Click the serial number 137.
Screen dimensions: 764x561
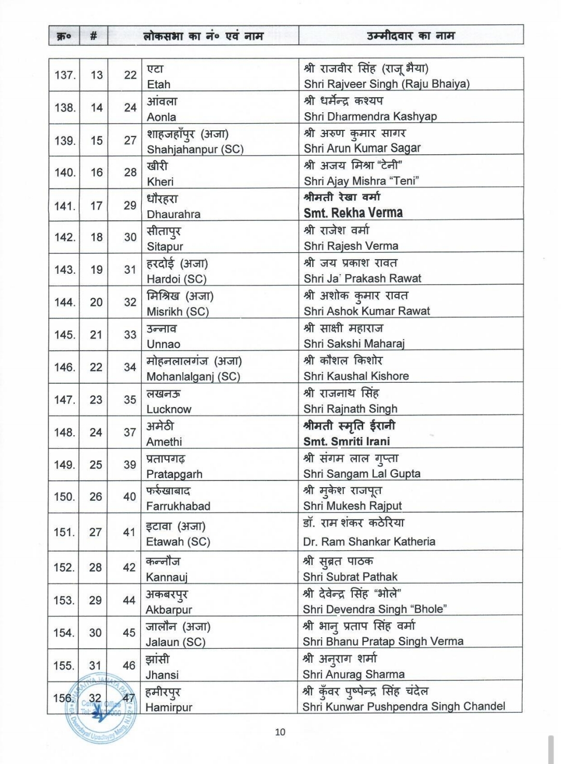click(64, 75)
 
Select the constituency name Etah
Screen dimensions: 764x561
click(158, 84)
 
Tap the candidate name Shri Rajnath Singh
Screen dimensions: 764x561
click(350, 409)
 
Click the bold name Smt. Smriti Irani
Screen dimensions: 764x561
click(346, 441)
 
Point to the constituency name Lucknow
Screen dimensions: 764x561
click(169, 409)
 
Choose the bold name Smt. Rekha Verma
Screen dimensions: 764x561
click(353, 213)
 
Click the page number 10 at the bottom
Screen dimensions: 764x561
click(280, 732)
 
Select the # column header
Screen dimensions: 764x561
click(94, 36)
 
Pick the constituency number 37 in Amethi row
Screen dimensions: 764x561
click(130, 432)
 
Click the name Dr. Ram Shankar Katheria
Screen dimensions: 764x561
click(369, 542)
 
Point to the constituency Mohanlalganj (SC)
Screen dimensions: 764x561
click(193, 377)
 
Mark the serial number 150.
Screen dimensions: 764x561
click(64, 497)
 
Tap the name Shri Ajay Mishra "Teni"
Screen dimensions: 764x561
click(361, 181)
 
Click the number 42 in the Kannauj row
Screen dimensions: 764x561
click(129, 568)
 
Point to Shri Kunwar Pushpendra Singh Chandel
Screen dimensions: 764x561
click(404, 706)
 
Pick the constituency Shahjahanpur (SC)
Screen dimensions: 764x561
click(195, 150)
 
